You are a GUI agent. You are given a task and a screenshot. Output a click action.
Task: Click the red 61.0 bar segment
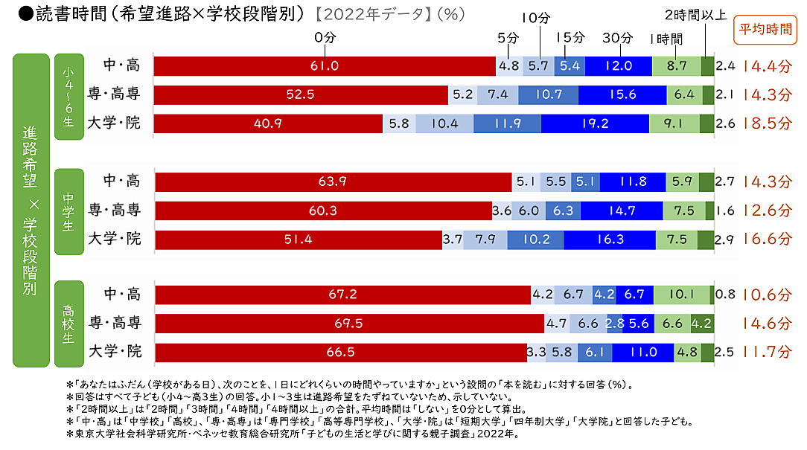[x=325, y=65]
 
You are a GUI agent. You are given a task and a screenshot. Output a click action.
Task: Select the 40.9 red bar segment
[x=267, y=123]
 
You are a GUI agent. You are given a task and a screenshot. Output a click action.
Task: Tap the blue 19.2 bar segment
[x=595, y=123]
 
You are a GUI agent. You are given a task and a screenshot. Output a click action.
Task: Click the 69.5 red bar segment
[x=348, y=323]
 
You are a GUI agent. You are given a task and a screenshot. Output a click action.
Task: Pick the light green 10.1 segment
[x=681, y=295]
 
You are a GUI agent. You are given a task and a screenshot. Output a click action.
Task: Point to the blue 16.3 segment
[x=610, y=240]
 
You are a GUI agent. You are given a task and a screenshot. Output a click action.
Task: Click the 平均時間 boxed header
[x=765, y=30]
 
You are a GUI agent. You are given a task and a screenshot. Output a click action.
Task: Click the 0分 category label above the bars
[x=325, y=37]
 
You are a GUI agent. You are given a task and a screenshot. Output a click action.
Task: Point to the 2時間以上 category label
[x=695, y=14]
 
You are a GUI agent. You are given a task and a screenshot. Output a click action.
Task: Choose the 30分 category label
[x=617, y=37]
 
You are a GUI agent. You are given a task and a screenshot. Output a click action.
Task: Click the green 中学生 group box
[x=68, y=210]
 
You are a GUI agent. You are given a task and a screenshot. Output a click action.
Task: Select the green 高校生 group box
[x=68, y=323]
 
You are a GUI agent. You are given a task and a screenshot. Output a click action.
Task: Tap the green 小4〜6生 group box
[x=68, y=95]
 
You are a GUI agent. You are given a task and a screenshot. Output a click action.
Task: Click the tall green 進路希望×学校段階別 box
[x=31, y=210]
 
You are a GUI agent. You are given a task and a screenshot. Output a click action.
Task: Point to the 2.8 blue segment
[x=615, y=323]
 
